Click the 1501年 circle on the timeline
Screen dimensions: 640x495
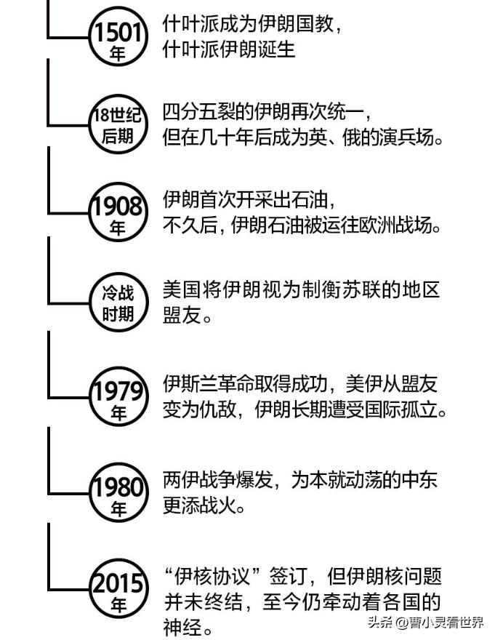[x=117, y=40]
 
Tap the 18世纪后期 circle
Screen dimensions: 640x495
[x=117, y=124]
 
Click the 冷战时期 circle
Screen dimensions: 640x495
[x=117, y=303]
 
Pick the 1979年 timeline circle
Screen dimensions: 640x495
[x=117, y=399]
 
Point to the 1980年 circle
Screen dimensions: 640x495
[x=117, y=495]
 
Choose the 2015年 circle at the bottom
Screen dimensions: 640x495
[x=117, y=591]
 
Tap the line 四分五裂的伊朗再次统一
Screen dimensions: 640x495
[x=267, y=113]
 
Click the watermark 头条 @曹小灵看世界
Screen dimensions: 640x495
[x=425, y=623]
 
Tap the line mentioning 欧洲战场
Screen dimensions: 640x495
[x=303, y=225]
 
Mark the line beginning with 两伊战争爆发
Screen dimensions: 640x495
[x=300, y=481]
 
